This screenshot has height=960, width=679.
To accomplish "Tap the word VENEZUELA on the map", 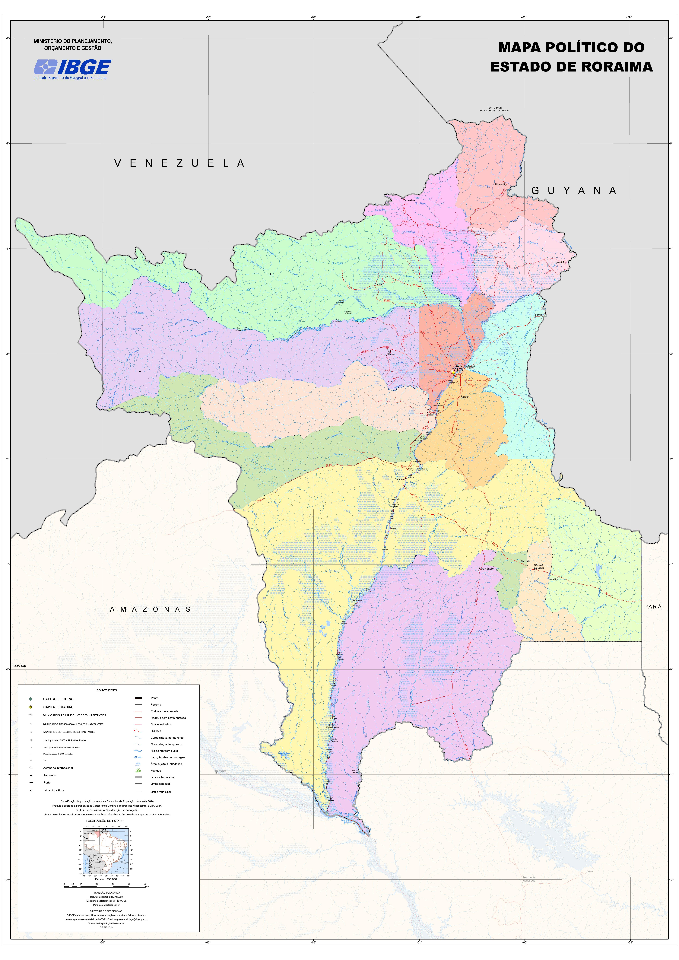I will [179, 164].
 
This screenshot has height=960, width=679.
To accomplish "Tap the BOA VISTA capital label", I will [458, 367].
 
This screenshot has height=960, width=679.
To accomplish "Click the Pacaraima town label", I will [409, 200].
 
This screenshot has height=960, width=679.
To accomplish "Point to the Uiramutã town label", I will [500, 184].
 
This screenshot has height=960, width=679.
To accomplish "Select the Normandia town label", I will [557, 262].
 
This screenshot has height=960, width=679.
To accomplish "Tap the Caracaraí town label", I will [399, 479].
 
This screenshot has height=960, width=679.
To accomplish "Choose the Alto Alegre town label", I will [390, 352].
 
